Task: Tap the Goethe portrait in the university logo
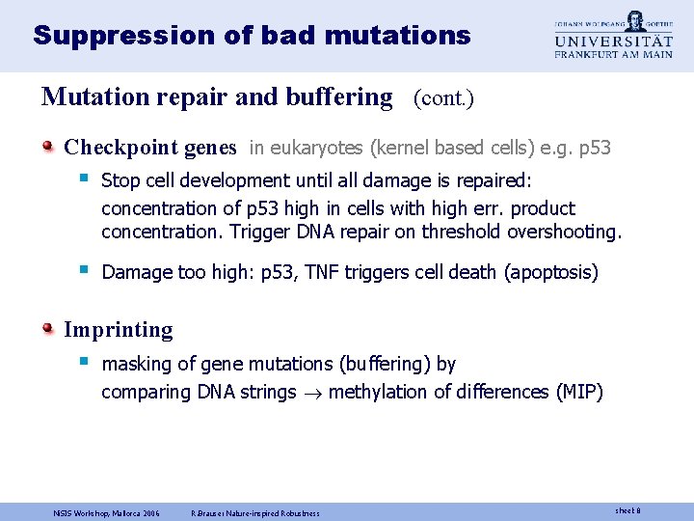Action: [634, 20]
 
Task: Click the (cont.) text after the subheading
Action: [443, 98]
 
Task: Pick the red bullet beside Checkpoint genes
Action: [48, 147]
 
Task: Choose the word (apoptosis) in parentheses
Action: [550, 273]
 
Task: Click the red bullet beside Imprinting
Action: [48, 329]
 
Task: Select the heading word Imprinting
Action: [118, 330]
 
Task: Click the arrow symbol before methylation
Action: [313, 393]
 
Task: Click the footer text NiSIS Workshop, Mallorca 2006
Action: [106, 512]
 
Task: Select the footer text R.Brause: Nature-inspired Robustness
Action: [254, 512]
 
